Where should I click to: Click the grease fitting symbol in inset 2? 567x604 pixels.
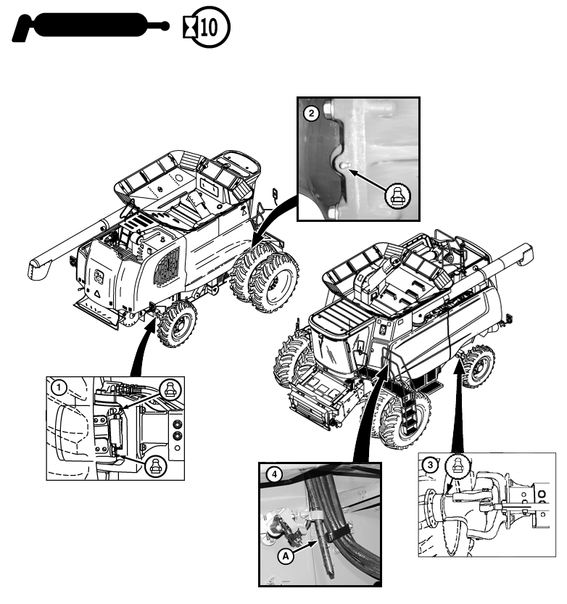398,194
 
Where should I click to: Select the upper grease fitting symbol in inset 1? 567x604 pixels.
169,392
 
